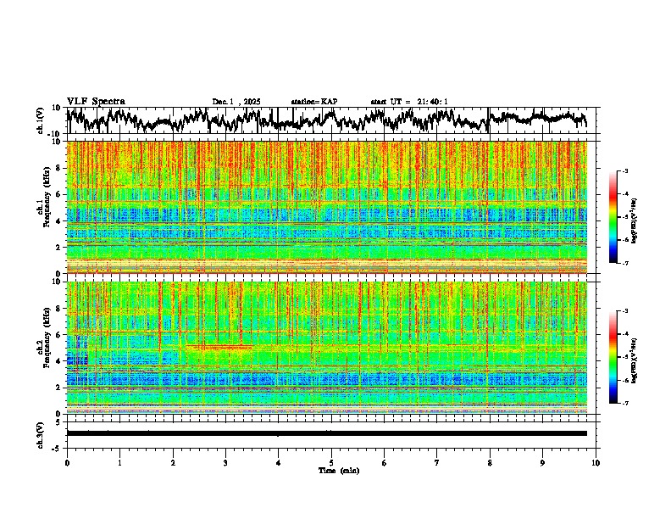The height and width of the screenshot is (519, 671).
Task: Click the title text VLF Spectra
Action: [96, 102]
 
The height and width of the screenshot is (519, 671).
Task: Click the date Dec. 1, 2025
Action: [237, 102]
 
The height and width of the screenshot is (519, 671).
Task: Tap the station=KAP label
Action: [314, 102]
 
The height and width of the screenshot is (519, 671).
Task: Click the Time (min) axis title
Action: [338, 470]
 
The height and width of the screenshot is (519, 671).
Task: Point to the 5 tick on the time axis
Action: [331, 462]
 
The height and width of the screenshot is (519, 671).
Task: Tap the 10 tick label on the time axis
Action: [596, 462]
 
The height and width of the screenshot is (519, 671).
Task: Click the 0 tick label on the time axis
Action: [67, 462]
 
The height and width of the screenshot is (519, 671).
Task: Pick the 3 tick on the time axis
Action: [225, 462]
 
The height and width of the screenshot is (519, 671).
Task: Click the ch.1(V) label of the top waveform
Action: [41, 121]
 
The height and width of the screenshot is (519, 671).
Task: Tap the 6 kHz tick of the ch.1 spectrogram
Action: [61, 194]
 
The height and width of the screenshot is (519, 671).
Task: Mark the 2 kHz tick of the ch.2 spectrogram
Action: [61, 387]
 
